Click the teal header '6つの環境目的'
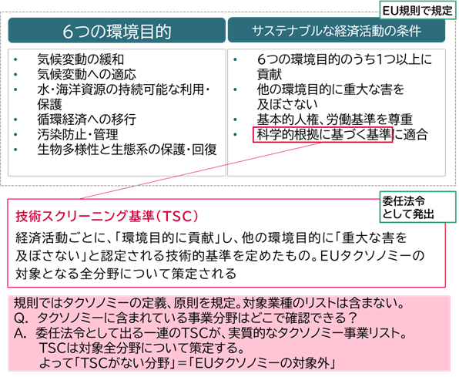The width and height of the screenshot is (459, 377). click(117, 31)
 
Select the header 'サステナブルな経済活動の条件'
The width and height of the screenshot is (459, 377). click(337, 30)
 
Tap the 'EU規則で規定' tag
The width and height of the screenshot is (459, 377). click(417, 11)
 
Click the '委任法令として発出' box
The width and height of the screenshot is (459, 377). click(417, 207)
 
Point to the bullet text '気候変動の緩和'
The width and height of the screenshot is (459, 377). click(81, 59)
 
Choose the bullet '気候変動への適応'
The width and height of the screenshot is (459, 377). click(87, 75)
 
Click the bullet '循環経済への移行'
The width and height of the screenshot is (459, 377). click(87, 119)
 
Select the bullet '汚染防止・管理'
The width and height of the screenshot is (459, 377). click(78, 135)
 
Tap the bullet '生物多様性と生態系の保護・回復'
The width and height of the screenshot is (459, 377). click(127, 150)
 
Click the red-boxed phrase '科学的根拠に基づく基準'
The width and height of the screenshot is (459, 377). click(323, 135)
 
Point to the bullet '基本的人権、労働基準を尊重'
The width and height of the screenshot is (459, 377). click(334, 119)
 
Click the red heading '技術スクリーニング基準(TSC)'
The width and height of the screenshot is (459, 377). click(107, 217)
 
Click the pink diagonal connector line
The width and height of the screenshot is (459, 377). click(200, 170)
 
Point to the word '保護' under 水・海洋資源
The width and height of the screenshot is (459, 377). click(49, 104)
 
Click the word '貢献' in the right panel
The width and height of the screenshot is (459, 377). click(270, 75)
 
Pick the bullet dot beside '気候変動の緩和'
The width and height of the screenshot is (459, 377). click(15, 60)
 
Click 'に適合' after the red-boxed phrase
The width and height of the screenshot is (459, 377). click(410, 135)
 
